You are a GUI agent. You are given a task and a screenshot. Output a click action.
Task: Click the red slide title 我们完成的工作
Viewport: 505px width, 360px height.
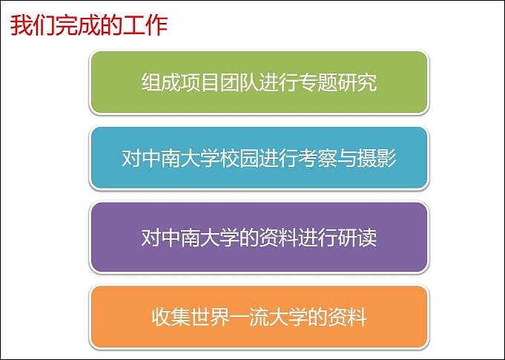pyautogui.click(x=89, y=26)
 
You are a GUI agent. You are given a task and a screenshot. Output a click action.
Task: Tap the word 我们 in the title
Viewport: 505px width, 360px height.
pyautogui.click(x=33, y=26)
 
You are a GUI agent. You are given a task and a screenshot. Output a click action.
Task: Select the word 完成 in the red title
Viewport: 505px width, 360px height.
pyautogui.click(x=78, y=26)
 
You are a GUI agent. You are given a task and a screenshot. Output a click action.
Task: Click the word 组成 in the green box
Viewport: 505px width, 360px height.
pyautogui.click(x=160, y=82)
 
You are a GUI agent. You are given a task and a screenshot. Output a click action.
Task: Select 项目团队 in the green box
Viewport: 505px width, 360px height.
pyautogui.click(x=220, y=82)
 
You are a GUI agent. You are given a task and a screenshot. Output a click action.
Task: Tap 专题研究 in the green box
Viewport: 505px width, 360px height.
pyautogui.click(x=337, y=82)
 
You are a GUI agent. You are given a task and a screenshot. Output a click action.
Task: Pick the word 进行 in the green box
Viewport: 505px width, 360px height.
pyautogui.click(x=278, y=82)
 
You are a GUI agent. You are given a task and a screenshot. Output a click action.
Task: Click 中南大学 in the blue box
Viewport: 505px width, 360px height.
pyautogui.click(x=180, y=158)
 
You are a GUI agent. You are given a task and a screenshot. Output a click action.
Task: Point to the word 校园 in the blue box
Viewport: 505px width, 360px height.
pyautogui.click(x=239, y=158)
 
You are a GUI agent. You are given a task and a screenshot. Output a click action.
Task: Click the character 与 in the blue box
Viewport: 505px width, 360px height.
pyautogui.click(x=347, y=158)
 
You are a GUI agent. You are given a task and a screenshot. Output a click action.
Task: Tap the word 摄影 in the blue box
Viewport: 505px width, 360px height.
pyautogui.click(x=376, y=158)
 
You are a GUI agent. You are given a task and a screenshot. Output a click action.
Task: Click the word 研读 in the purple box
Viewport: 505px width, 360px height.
pyautogui.click(x=357, y=238)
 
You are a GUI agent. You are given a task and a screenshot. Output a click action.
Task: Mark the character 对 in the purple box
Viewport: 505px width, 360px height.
pyautogui.click(x=151, y=238)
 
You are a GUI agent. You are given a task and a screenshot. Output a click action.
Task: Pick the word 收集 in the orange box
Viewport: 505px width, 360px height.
pyautogui.click(x=170, y=317)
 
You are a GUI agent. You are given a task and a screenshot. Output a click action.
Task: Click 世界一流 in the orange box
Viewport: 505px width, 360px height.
pyautogui.click(x=229, y=317)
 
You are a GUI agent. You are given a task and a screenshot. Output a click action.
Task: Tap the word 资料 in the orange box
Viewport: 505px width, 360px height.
pyautogui.click(x=347, y=317)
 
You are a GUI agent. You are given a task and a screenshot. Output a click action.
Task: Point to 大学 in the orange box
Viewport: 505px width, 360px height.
pyautogui.click(x=288, y=317)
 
